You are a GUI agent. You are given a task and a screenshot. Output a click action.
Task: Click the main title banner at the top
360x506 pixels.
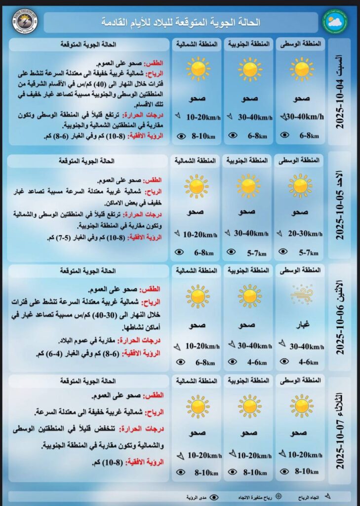point(181,22)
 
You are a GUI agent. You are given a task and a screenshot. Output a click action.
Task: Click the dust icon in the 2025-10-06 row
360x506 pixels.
point(301,295)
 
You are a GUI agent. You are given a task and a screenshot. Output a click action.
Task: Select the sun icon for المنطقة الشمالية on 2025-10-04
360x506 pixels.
point(198,68)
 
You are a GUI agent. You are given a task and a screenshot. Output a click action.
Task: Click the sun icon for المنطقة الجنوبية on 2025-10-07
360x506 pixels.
point(249,406)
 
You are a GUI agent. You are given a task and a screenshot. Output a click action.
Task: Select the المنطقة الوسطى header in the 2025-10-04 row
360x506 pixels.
point(300,44)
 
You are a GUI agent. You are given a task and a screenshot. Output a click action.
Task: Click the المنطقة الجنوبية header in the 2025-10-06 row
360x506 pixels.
point(249,270)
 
